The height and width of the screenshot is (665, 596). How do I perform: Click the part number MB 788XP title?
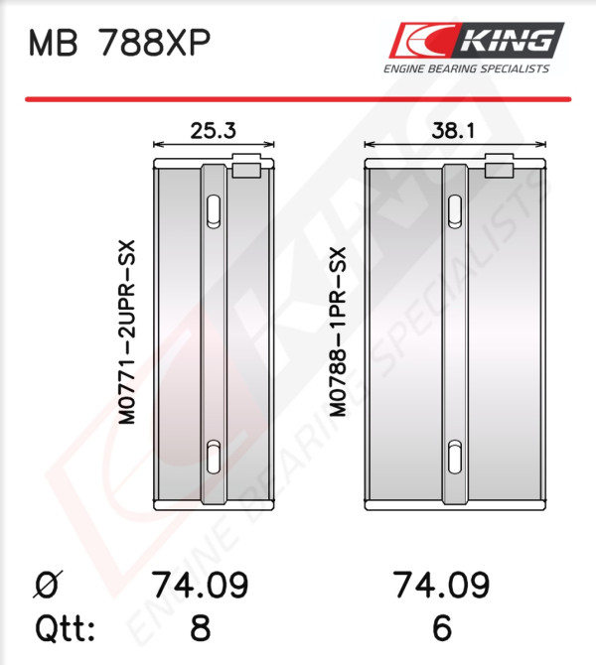point(119,43)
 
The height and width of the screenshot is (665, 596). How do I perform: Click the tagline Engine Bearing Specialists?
point(467,68)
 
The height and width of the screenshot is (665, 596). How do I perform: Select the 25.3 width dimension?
point(213,131)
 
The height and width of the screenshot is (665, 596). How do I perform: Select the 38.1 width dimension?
point(453,131)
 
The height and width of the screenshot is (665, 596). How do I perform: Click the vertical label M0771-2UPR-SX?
point(127,332)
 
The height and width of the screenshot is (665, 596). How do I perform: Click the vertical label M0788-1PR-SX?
point(339,332)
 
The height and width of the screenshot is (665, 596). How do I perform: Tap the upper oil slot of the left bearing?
point(214,211)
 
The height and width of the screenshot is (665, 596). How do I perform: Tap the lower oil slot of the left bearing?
point(214,458)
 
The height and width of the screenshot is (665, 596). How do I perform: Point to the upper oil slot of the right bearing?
point(455,211)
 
